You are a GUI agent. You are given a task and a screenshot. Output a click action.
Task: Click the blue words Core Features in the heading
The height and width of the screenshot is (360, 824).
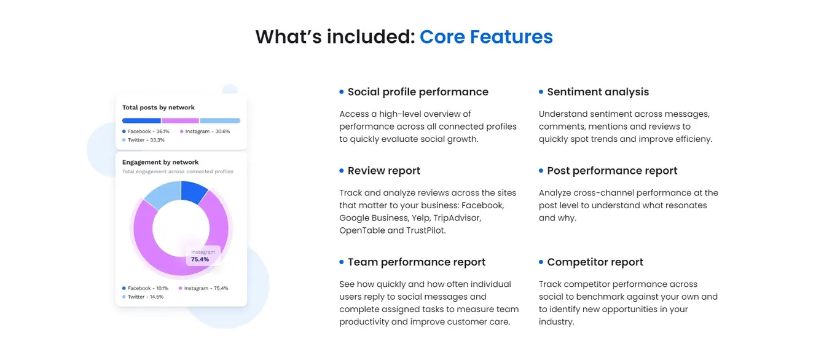coord(485,37)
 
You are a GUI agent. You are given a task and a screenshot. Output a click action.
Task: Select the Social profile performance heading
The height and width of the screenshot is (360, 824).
coord(418,92)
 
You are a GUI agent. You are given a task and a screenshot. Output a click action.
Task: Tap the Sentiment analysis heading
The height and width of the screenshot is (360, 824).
coord(597,92)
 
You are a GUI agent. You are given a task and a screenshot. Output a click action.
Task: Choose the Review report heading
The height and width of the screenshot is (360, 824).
coord(383,171)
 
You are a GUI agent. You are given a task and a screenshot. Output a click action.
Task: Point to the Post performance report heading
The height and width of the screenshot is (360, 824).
coord(612,171)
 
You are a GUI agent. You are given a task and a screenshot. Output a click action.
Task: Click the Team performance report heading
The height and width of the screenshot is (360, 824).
coord(416,262)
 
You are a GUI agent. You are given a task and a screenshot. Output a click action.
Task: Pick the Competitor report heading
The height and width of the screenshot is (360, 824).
coord(595,262)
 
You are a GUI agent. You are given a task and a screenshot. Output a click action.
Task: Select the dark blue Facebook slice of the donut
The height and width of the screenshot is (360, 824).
coord(194,192)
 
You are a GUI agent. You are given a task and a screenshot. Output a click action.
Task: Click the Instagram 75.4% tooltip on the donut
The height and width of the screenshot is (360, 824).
coord(200,256)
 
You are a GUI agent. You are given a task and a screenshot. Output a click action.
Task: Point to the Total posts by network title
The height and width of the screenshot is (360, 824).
coord(158,108)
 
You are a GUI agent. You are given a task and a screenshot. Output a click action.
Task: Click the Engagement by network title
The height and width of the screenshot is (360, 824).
coord(160,162)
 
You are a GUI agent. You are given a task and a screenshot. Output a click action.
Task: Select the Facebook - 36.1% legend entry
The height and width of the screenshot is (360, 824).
coord(146,131)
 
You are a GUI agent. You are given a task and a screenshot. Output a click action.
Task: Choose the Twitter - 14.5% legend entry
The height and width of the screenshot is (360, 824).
coord(145,297)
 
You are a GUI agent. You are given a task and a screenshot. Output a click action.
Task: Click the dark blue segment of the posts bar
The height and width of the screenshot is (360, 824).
coord(141,120)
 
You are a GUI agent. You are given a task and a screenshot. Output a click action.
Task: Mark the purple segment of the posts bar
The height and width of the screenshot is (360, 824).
coord(180,120)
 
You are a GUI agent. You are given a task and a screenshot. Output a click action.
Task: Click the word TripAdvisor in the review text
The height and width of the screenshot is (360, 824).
coord(457,218)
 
